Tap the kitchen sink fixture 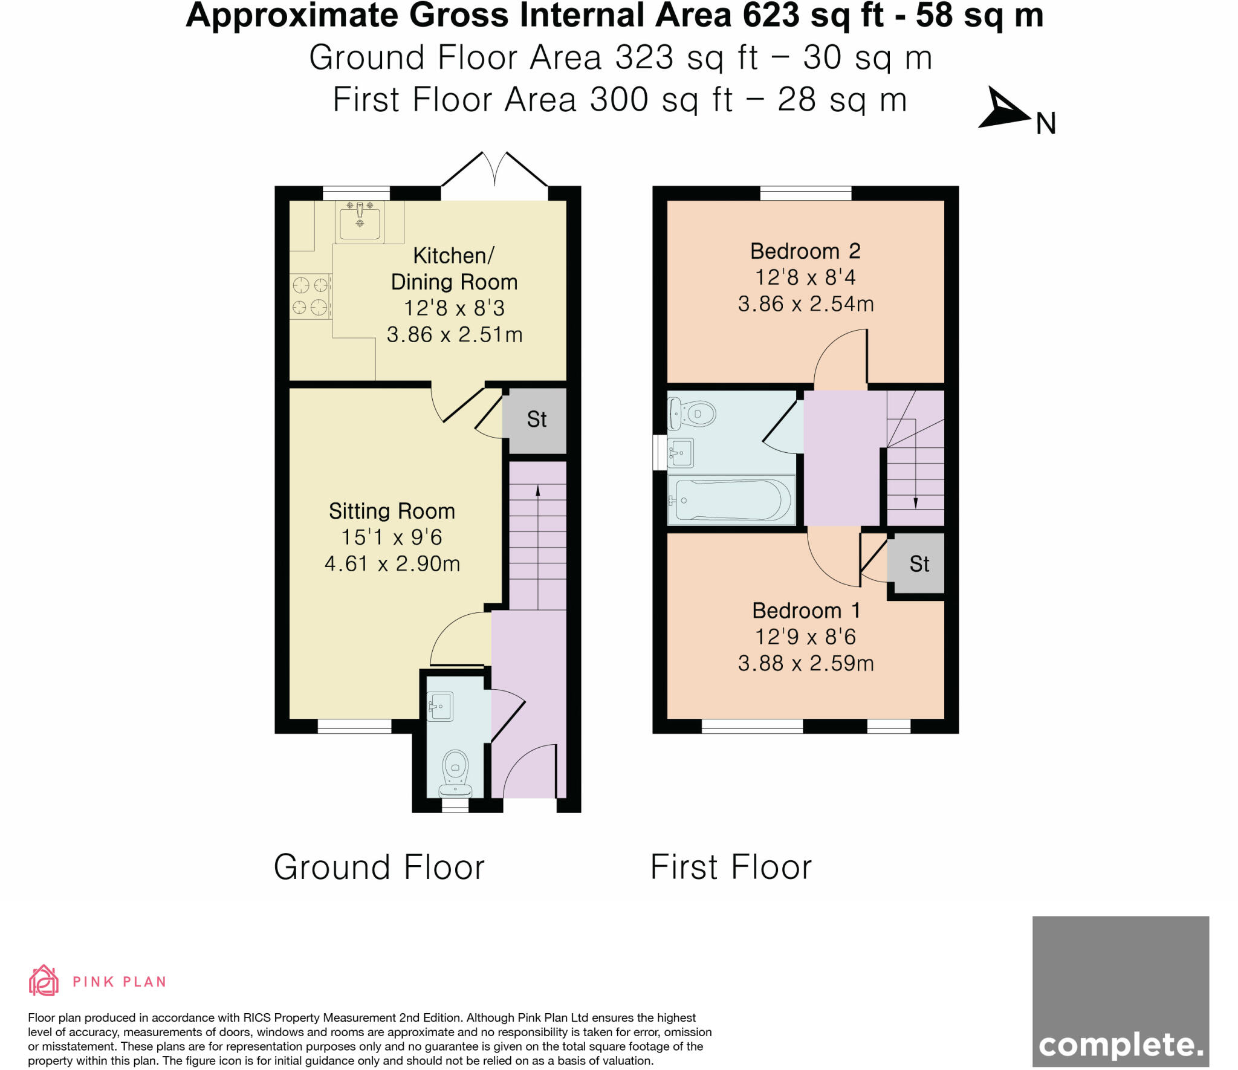tap(360, 221)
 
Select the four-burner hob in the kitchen tap(311, 296)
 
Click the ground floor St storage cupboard tap(537, 420)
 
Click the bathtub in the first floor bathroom tap(731, 500)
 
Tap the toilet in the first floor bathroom tap(693, 414)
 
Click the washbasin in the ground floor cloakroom tap(440, 706)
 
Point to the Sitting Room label tap(392, 511)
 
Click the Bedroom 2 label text tap(805, 251)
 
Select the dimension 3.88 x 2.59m tap(806, 664)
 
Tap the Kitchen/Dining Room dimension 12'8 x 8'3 tap(454, 308)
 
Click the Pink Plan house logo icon tap(44, 980)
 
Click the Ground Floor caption tap(379, 867)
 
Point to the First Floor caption tap(731, 867)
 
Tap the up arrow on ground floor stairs tap(537, 491)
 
